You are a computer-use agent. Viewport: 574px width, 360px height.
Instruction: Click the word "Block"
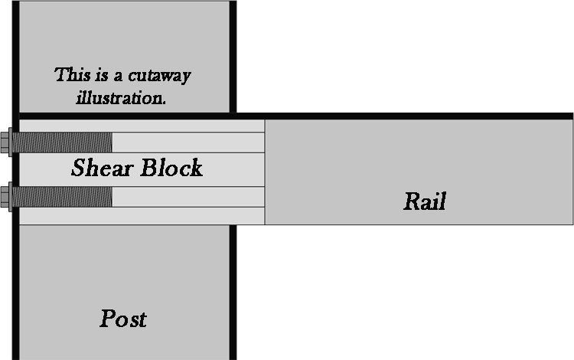[x=170, y=168]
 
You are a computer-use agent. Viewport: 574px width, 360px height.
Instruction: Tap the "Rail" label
[x=424, y=201]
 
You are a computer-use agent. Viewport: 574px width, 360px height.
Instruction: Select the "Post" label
[x=122, y=318]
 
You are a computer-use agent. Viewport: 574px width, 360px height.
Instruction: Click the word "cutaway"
[x=158, y=76]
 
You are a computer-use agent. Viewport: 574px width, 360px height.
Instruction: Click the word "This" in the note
[x=71, y=75]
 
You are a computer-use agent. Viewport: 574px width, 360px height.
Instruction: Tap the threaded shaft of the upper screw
[x=61, y=142]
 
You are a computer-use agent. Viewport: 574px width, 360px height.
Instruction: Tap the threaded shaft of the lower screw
[x=61, y=197]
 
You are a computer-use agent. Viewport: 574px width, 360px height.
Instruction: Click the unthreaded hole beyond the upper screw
[x=188, y=142]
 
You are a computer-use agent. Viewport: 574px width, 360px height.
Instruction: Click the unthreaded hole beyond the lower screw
[x=188, y=197]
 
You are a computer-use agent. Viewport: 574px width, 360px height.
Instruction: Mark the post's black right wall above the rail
[x=233, y=54]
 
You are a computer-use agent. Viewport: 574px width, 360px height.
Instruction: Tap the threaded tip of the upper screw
[x=109, y=142]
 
